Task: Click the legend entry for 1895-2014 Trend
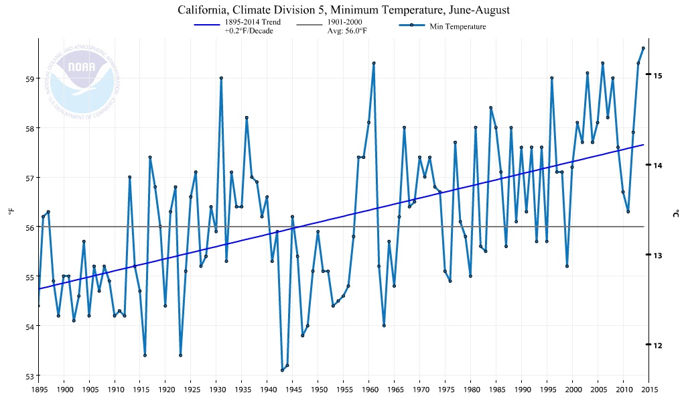click(253, 26)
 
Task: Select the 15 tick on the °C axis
click(658, 75)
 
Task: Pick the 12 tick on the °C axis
click(658, 345)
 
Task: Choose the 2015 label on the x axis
click(648, 389)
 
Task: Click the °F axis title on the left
click(11, 212)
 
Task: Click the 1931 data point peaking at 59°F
click(221, 78)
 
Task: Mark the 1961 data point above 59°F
click(374, 63)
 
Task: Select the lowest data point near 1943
click(282, 370)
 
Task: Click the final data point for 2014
click(643, 48)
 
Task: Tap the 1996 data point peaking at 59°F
click(551, 78)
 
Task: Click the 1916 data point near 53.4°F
click(145, 355)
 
